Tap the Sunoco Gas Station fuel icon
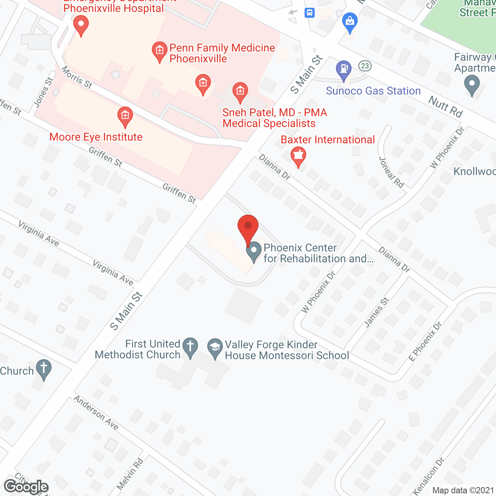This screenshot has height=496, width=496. [x=343, y=70]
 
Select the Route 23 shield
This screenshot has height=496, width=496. [x=365, y=65]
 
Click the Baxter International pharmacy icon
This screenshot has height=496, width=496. [x=298, y=156]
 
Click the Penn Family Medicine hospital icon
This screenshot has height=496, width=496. [x=159, y=52]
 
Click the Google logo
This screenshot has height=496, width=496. [x=26, y=487]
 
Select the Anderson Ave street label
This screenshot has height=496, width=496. [x=96, y=413]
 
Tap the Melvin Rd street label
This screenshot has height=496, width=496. [x=130, y=474]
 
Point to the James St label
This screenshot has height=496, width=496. [x=377, y=312]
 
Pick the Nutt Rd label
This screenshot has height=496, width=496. [x=446, y=107]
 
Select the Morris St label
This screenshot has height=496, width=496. [x=77, y=77]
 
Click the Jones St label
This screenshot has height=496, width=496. [x=43, y=92]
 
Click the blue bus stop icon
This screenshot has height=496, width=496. [x=309, y=13]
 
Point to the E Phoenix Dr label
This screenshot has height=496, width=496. [x=425, y=341]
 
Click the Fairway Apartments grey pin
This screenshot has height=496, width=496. [x=472, y=85]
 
